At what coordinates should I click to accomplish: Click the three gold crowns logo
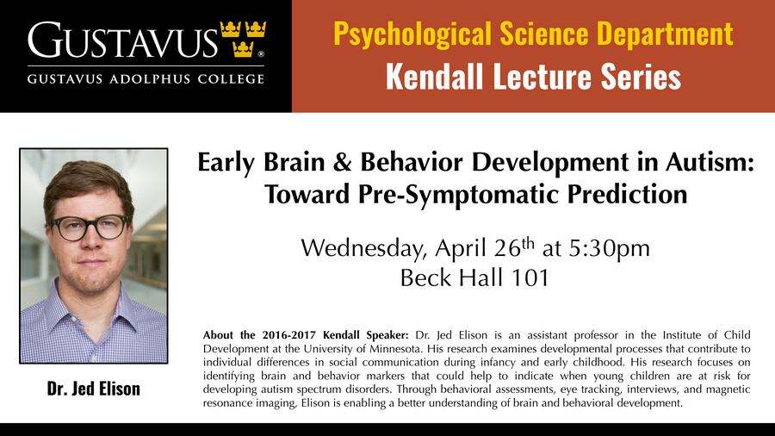coord(243,39)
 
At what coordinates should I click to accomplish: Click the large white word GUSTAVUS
coord(122,40)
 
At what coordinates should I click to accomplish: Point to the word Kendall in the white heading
coord(435,77)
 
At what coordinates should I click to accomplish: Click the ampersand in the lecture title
coord(342,162)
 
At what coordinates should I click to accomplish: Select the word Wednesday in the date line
coord(363,248)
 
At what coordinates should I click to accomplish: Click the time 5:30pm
coord(610,249)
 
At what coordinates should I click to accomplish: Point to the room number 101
coord(530,277)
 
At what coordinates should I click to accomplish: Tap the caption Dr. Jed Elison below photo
coord(93,389)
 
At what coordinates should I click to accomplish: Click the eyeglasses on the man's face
coord(90,227)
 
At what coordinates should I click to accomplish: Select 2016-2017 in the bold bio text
coord(288,335)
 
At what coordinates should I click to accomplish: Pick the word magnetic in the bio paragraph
coord(728,389)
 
